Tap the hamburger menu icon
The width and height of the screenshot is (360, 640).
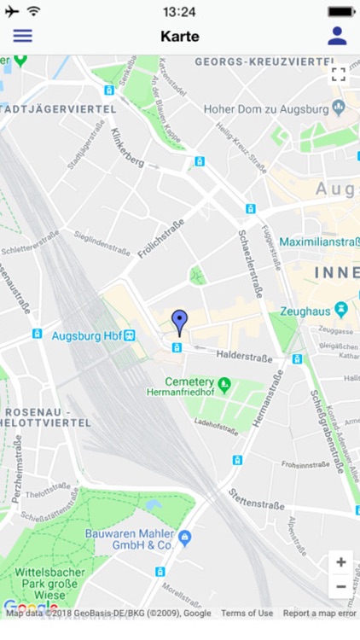coord(22,36)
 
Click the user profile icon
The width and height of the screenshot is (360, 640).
coord(337,36)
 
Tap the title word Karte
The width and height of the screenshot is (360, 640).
coord(180,37)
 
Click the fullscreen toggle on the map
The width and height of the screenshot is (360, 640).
coord(339,74)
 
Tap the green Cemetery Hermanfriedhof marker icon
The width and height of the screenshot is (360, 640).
coord(224,383)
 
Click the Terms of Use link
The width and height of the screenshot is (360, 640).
coord(247,613)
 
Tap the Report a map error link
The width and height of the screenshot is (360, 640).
coord(320,613)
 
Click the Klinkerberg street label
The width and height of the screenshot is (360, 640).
coord(125,150)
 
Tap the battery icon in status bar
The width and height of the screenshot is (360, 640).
coord(341,12)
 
